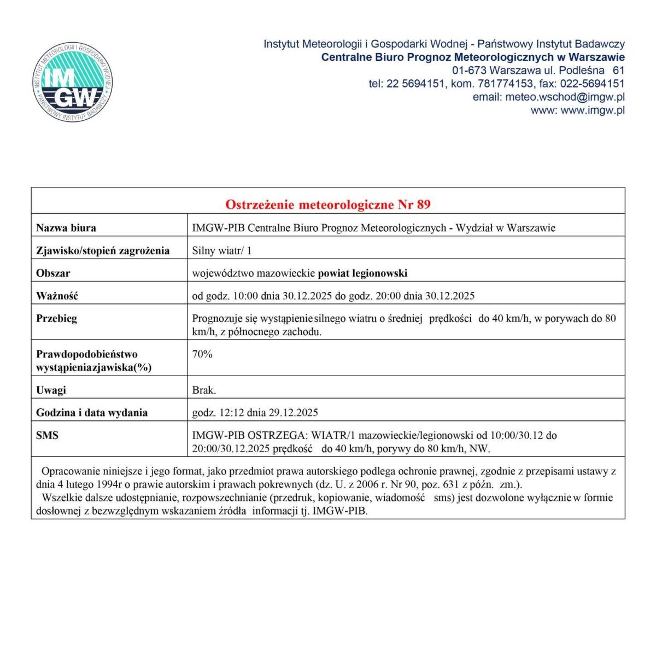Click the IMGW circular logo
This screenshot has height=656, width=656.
73,83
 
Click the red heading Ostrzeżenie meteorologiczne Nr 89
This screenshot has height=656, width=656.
328,204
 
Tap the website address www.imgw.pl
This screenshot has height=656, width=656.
593,110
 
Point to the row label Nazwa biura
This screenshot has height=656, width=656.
66,228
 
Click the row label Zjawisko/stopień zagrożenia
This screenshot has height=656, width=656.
103,251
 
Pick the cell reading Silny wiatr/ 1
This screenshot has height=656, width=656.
221,251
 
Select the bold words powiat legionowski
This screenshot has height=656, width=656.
362,273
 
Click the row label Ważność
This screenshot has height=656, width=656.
57,296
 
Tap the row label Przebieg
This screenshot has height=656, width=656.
56,318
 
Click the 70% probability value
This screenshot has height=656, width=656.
202,354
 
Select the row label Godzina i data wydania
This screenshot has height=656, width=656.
92,413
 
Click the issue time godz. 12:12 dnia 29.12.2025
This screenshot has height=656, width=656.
255,413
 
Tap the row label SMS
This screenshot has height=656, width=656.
47,436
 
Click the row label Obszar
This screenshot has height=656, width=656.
53,273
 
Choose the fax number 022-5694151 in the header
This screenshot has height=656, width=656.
593,84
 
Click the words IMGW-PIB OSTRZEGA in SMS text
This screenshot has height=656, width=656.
249,436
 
